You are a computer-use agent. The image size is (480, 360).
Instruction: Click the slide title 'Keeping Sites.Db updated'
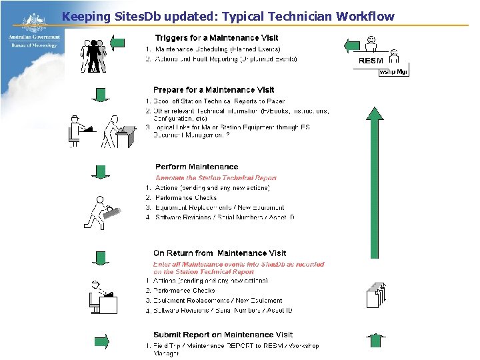pos(227,16)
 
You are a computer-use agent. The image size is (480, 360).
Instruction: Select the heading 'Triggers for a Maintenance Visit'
pos(217,38)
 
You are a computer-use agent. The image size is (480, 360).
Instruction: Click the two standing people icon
pos(93,56)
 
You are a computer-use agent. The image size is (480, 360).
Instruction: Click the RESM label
pos(371,61)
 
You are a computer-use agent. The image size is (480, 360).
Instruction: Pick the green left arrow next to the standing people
pos(117,44)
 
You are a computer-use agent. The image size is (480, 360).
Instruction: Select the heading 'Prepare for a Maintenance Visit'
pos(213,89)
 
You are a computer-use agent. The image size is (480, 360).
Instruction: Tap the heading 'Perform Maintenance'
pos(196,167)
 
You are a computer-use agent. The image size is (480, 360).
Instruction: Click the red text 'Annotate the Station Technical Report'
pos(215,178)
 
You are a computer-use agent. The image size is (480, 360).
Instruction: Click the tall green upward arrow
pos(375,180)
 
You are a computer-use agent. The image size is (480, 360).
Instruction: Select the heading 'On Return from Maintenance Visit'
pos(219,253)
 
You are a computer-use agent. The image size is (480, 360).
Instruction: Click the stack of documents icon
pos(376,296)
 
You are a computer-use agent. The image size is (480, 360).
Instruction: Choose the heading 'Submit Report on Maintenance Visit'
pos(223,335)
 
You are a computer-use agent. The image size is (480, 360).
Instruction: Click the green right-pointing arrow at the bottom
pos(101,342)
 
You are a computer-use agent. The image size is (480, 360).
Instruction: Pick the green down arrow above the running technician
pos(101,172)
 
